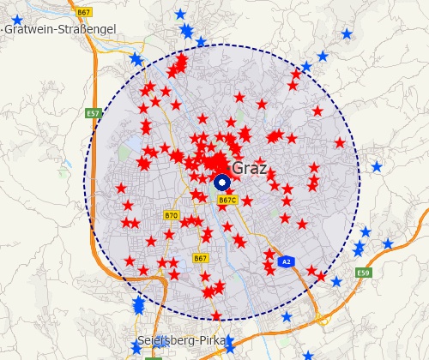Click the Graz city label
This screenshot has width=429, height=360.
[x=251, y=168]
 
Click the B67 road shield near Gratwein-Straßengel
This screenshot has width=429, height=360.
[x=83, y=13]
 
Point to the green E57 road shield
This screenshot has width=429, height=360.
[x=94, y=113]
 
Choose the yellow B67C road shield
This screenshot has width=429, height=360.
[x=227, y=200]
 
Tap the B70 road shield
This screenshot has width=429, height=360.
[x=172, y=215]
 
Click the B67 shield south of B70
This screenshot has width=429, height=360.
[x=201, y=257]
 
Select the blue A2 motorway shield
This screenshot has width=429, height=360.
[x=287, y=261]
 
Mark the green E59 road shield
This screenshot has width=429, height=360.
[x=364, y=273]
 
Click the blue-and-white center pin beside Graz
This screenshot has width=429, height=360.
[x=221, y=182]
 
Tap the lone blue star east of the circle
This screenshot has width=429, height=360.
[x=376, y=166]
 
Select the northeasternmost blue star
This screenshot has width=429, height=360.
[x=347, y=34]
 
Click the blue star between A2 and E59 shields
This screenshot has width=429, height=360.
[x=336, y=281]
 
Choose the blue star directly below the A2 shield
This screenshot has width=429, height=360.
[x=287, y=316]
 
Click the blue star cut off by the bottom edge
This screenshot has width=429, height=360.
[x=308, y=355]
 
